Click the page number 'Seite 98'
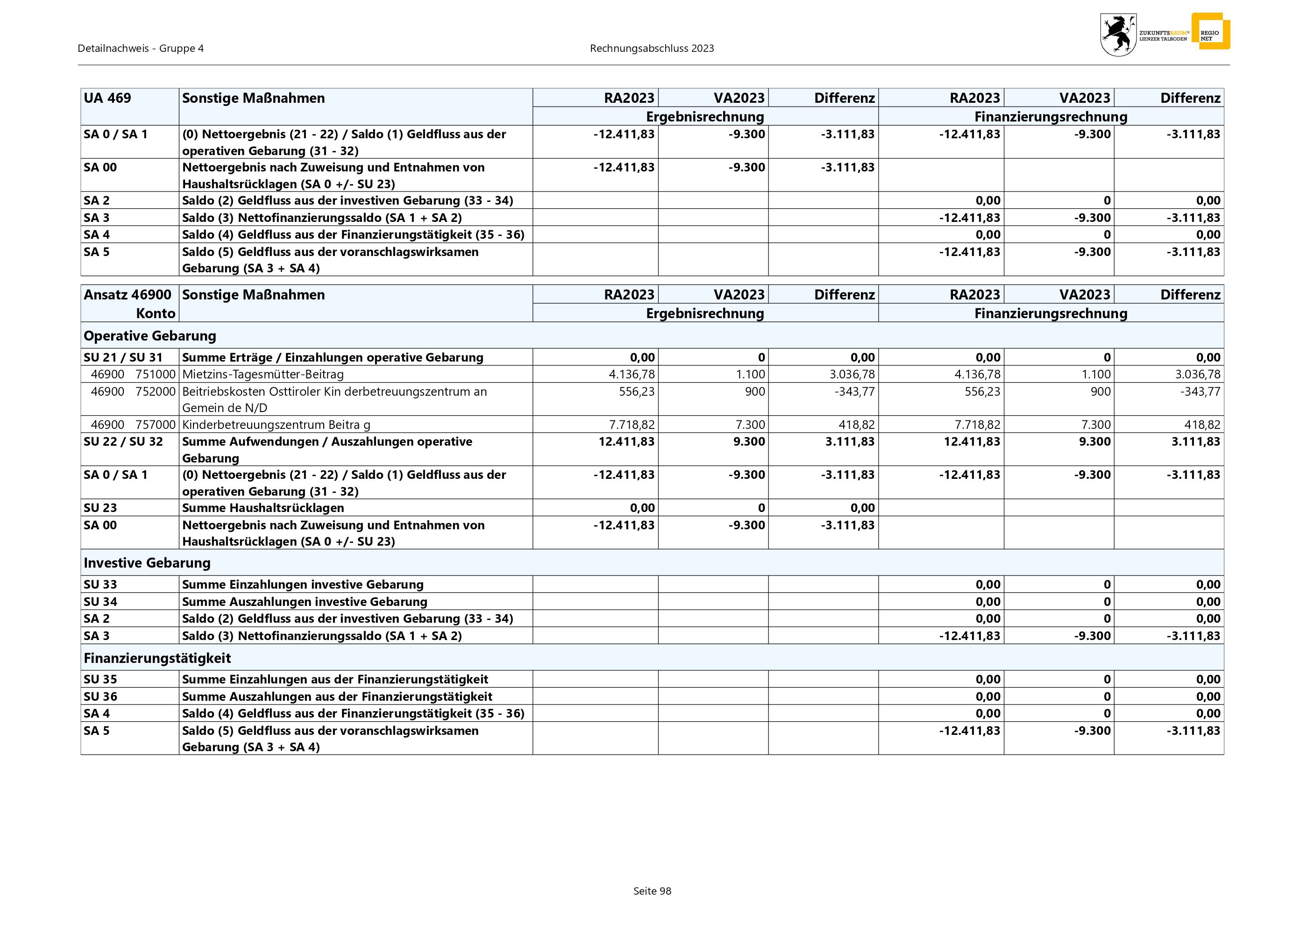[652, 891]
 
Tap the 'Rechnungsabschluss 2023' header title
[652, 49]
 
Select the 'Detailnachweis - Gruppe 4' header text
[141, 49]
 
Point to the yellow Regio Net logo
[1210, 31]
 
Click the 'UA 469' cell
[107, 98]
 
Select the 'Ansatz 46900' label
[128, 294]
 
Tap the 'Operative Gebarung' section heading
[150, 335]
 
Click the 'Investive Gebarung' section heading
[147, 563]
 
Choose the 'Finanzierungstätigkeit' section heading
[157, 658]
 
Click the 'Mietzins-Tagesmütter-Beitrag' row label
[263, 374]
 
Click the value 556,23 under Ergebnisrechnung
[637, 391]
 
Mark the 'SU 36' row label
[100, 696]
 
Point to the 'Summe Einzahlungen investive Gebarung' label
[303, 584]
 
